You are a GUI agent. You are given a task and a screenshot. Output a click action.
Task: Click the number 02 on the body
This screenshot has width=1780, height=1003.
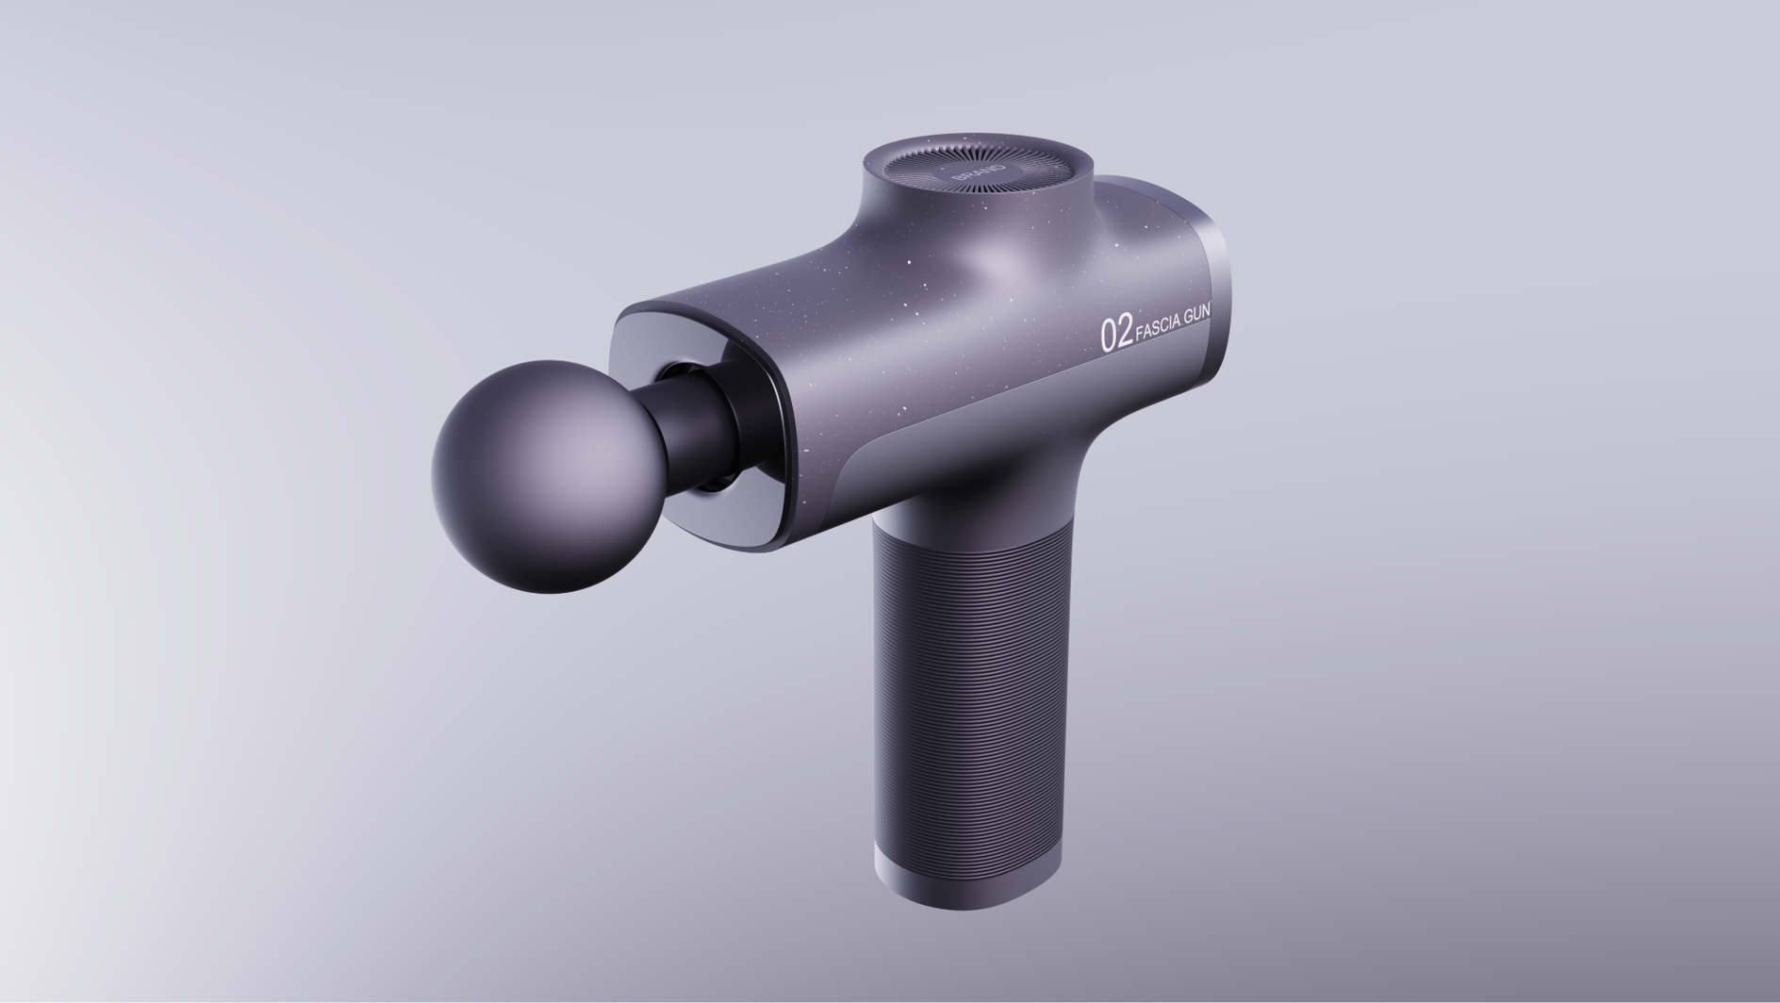pyautogui.click(x=1116, y=335)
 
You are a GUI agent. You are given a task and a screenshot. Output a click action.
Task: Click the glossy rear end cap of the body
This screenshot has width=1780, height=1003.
pyautogui.click(x=1217, y=302)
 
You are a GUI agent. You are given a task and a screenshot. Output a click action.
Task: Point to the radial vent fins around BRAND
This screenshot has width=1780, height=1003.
pyautogui.click(x=1028, y=170)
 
